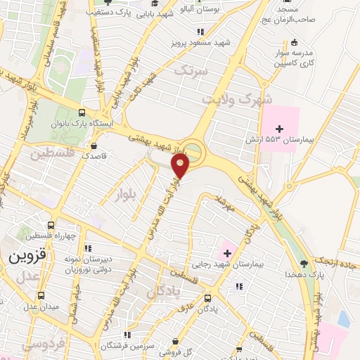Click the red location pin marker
pos(181,165)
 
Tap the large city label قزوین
pos(27,257)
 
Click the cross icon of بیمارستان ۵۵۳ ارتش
pos(280,128)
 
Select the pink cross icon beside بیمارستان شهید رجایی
pos(227,253)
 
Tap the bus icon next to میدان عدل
pos(41,296)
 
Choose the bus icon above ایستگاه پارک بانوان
pos(82,112)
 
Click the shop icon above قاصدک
pos(94,146)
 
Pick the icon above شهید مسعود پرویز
pos(200,31)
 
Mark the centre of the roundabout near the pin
pos(192,151)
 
